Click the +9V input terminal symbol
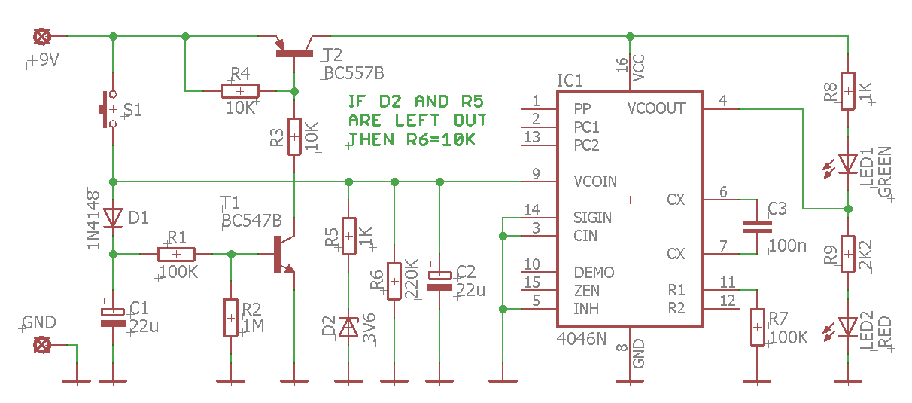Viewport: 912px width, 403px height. click(43, 36)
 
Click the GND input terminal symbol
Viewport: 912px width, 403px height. click(43, 345)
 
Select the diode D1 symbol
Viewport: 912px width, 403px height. click(113, 218)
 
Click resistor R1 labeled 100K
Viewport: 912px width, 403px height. click(176, 254)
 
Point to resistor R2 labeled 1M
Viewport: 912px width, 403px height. click(230, 317)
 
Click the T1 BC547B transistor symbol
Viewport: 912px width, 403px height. click(283, 255)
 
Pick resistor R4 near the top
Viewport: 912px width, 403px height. click(240, 91)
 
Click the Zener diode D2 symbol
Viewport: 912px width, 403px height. click(348, 327)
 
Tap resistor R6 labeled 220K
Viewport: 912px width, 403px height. click(394, 281)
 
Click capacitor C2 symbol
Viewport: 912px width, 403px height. click(439, 281)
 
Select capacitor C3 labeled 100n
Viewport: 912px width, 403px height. click(757, 226)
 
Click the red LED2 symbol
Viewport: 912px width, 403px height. click(848, 327)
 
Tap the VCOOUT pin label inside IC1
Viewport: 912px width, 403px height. click(656, 108)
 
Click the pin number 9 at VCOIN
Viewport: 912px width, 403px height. click(536, 174)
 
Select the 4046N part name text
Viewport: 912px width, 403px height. click(581, 339)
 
